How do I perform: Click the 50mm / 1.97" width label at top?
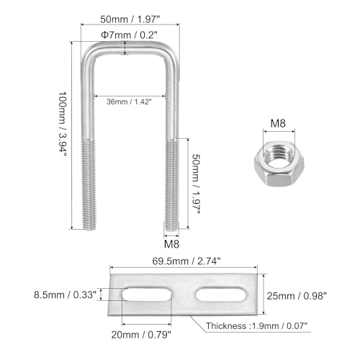click(x=130, y=19)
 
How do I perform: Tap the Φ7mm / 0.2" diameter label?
click(x=129, y=35)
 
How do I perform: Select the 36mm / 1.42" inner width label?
click(x=129, y=102)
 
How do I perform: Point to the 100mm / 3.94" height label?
click(x=63, y=124)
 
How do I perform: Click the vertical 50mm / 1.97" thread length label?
click(x=196, y=184)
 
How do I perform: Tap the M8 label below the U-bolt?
click(x=171, y=244)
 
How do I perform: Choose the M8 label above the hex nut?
click(x=278, y=123)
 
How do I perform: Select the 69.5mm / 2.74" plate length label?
click(x=186, y=261)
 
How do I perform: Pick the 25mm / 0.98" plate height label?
click(x=297, y=296)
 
